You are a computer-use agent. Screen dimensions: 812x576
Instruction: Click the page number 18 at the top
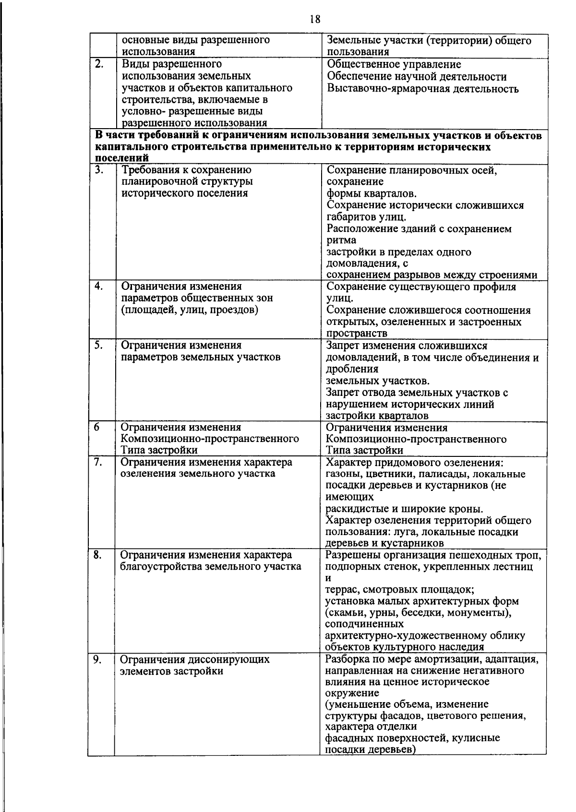pyautogui.click(x=315, y=19)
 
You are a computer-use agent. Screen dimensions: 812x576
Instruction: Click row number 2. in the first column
pyautogui.click(x=99, y=64)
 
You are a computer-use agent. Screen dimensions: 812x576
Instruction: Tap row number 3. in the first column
pyautogui.click(x=99, y=170)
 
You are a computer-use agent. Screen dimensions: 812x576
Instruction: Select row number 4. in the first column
pyautogui.click(x=99, y=287)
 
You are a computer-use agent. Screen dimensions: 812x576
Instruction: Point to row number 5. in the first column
pyautogui.click(x=98, y=345)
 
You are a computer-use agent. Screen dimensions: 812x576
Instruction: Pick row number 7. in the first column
pyautogui.click(x=98, y=462)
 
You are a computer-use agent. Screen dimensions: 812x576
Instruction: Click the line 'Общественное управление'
pyautogui.click(x=394, y=65)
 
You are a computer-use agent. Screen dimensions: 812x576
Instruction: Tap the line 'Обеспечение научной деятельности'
pyautogui.click(x=417, y=77)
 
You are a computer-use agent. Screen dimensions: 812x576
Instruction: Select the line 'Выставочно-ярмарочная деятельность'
pyautogui.click(x=422, y=89)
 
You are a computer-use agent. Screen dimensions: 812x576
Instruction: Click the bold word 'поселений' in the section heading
pyautogui.click(x=122, y=158)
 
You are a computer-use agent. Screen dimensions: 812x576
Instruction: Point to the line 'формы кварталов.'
pyautogui.click(x=372, y=194)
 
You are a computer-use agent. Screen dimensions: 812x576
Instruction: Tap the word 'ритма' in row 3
pyautogui.click(x=341, y=240)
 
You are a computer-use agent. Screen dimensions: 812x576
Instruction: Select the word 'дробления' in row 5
pyautogui.click(x=352, y=369)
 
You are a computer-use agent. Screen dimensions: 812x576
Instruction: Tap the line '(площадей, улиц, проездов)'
pyautogui.click(x=190, y=310)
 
